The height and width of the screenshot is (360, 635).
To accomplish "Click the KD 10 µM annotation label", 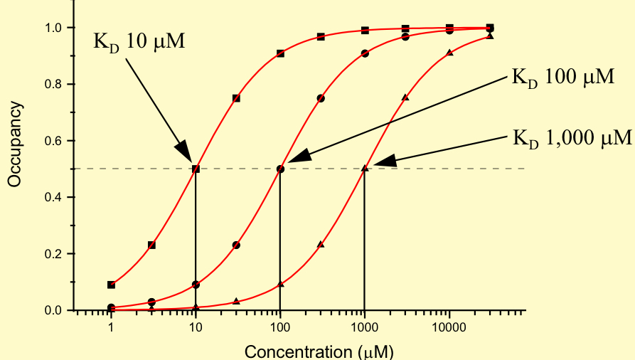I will (139, 41).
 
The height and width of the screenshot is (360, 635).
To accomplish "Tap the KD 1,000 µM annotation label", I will (572, 137).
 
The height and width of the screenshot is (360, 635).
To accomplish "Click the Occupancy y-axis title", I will (14, 145).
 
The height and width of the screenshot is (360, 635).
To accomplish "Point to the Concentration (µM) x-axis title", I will (319, 351).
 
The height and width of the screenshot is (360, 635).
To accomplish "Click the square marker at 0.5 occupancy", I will (196, 169).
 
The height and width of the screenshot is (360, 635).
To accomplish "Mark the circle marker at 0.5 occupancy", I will (280, 169).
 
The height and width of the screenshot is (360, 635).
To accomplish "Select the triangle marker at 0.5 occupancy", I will (365, 169).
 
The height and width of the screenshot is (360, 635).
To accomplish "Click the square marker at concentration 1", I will (111, 285).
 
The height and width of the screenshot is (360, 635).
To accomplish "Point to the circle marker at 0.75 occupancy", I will (321, 98).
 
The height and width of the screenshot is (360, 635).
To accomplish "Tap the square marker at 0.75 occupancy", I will (236, 98).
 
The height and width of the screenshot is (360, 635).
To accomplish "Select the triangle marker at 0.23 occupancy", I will (321, 245).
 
